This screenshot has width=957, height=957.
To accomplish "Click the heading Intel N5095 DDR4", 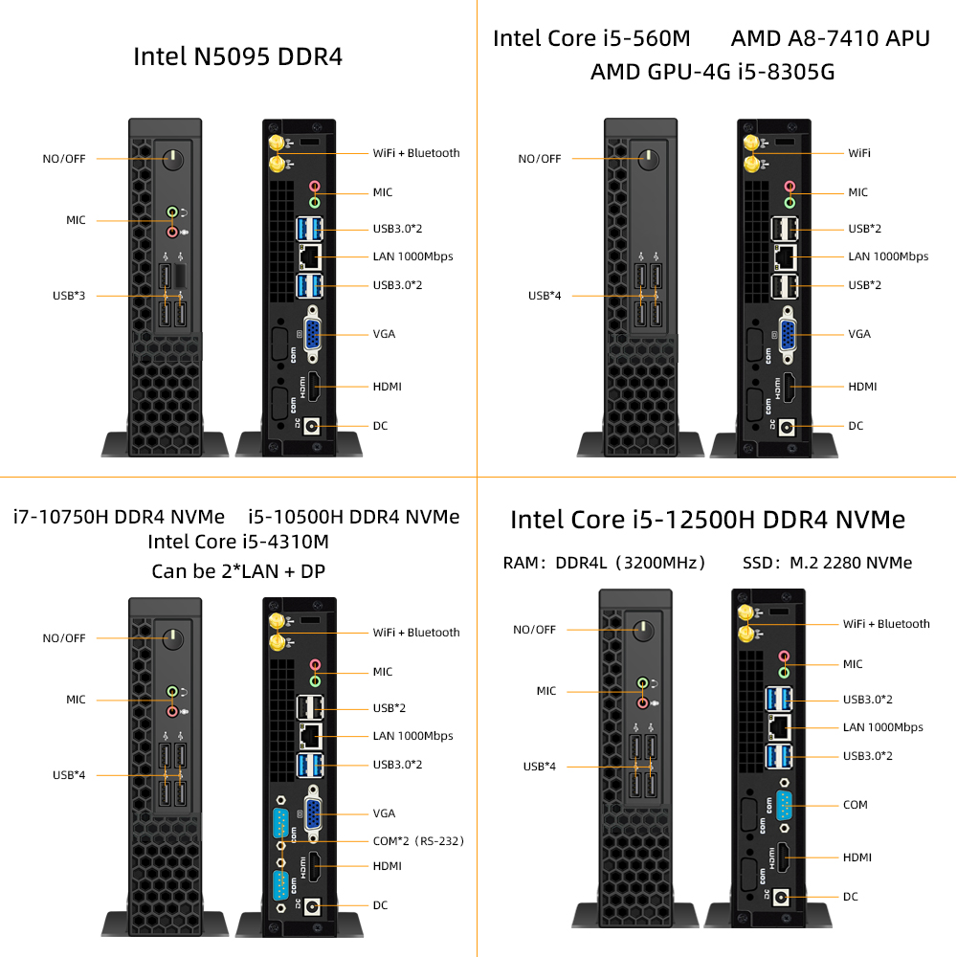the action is pyautogui.click(x=238, y=56).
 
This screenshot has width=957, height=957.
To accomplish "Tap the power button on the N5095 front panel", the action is pyautogui.click(x=173, y=159).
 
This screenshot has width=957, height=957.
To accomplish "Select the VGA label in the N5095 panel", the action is pyautogui.click(x=384, y=334).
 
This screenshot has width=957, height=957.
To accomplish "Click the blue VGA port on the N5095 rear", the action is pyautogui.click(x=313, y=334).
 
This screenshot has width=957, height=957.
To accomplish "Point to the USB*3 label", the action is pyautogui.click(x=69, y=296).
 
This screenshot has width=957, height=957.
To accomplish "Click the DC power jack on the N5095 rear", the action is pyautogui.click(x=312, y=426).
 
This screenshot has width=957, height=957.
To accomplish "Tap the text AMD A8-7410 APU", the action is pyautogui.click(x=831, y=38).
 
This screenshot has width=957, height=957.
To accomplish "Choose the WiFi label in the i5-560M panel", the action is pyautogui.click(x=859, y=153).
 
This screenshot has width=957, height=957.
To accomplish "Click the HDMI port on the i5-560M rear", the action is pyautogui.click(x=788, y=387).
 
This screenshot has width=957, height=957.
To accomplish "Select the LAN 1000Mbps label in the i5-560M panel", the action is pyautogui.click(x=888, y=256).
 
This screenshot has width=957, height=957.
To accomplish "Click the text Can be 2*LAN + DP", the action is pyautogui.click(x=238, y=571).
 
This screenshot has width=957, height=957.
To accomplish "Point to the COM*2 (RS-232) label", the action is pyautogui.click(x=418, y=841).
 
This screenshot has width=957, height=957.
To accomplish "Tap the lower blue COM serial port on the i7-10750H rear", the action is pyautogui.click(x=280, y=885).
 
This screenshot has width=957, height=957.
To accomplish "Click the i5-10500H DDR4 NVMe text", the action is pyautogui.click(x=353, y=517).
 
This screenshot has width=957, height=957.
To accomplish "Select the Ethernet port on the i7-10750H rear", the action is pyautogui.click(x=311, y=736).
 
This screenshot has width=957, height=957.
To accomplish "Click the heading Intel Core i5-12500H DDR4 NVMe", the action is pyautogui.click(x=707, y=520).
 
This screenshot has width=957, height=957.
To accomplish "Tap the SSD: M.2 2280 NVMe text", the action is pyautogui.click(x=827, y=563).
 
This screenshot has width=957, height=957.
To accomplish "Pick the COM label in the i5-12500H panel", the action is pyautogui.click(x=855, y=805).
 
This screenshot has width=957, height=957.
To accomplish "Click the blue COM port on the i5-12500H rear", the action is pyautogui.click(x=785, y=805).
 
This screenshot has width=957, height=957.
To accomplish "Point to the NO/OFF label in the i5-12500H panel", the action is pyautogui.click(x=535, y=630).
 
